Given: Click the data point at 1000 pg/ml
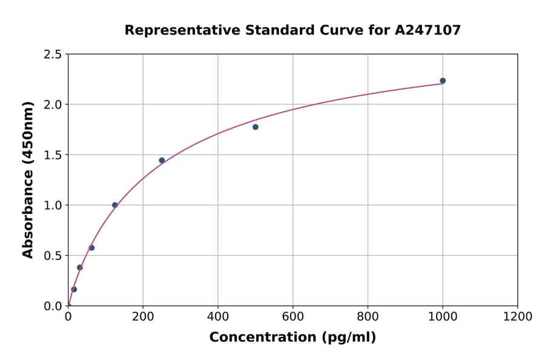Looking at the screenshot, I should pos(443,81).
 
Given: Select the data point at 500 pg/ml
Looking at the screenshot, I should pos(256,127).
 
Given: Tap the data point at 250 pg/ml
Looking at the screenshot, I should pos(162,160).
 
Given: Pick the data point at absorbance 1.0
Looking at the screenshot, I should pos(115,205).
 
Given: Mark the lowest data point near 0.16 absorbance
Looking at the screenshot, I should pos(74,289).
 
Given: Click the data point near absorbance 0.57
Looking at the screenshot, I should pos(91,247).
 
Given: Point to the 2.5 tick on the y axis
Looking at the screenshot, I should pos(53,55).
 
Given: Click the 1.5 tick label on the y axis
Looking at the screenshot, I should pos(53,155).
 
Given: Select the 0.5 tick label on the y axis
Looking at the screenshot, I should pos(53,256).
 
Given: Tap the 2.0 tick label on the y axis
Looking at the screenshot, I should pos(53,105).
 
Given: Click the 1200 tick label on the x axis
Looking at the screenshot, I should pos(517,316).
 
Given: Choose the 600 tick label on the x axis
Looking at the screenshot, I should pos(292,316).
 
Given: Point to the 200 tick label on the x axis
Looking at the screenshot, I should pos(143,316).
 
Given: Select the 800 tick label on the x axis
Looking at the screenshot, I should pos(368,316).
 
